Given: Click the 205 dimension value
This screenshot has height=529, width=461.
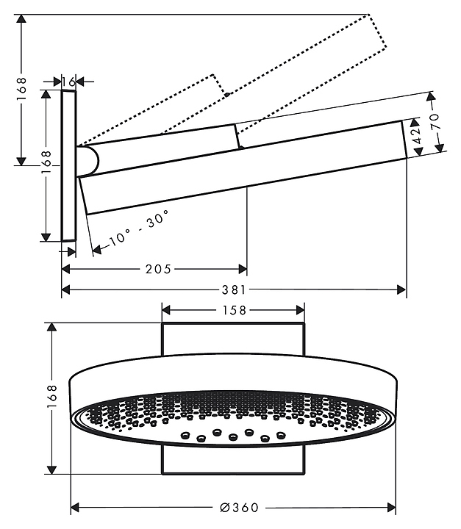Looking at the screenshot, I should pyautogui.click(x=158, y=270).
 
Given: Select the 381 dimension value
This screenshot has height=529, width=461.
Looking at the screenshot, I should pyautogui.click(x=235, y=290).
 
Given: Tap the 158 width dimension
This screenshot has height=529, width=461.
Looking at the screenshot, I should pyautogui.click(x=233, y=310).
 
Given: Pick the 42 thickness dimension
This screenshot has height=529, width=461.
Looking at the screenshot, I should pyautogui.click(x=415, y=136).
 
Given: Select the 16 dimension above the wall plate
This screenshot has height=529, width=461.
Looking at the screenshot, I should pyautogui.click(x=68, y=81).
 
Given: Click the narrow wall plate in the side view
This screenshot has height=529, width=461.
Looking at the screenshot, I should pyautogui.click(x=68, y=165).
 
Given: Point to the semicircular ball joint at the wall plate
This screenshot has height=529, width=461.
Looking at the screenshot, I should pyautogui.click(x=87, y=161).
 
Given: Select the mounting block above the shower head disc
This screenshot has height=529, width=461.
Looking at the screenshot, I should pyautogui.click(x=233, y=339).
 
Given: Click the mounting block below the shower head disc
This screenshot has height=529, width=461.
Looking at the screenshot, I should pyautogui.click(x=233, y=461).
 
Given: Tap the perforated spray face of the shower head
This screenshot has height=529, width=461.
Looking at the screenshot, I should pyautogui.click(x=233, y=418).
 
